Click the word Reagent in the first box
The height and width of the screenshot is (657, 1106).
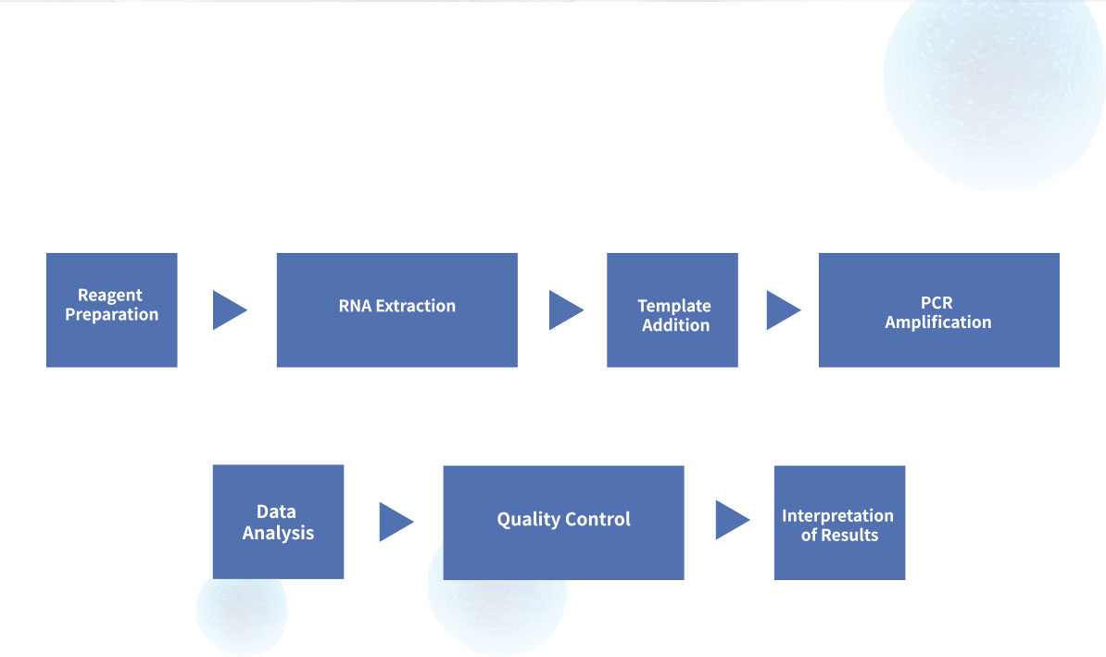tap(110, 296)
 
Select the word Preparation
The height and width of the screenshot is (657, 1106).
tap(111, 315)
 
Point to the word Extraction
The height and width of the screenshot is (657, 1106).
tap(416, 306)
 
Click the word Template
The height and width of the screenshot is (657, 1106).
tap(674, 307)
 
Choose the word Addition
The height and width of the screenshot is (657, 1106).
tap(675, 325)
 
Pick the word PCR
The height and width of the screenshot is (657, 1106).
tap(936, 303)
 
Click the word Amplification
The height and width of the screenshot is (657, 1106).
tap(938, 322)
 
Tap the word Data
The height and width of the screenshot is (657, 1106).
tap(276, 512)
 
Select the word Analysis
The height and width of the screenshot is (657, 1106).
tap(278, 533)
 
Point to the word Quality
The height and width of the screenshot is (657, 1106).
tap(528, 520)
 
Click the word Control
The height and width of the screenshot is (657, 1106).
tap(597, 519)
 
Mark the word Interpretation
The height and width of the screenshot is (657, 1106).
tap(838, 516)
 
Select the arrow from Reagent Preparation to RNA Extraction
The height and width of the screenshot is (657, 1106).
tap(230, 310)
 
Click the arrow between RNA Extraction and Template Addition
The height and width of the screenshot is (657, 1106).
tap(566, 310)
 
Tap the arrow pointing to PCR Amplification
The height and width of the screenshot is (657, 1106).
tap(784, 310)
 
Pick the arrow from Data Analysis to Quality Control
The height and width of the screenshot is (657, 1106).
tap(396, 522)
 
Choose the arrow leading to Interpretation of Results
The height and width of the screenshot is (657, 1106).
tap(733, 520)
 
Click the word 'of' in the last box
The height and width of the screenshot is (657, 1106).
tap(809, 535)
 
